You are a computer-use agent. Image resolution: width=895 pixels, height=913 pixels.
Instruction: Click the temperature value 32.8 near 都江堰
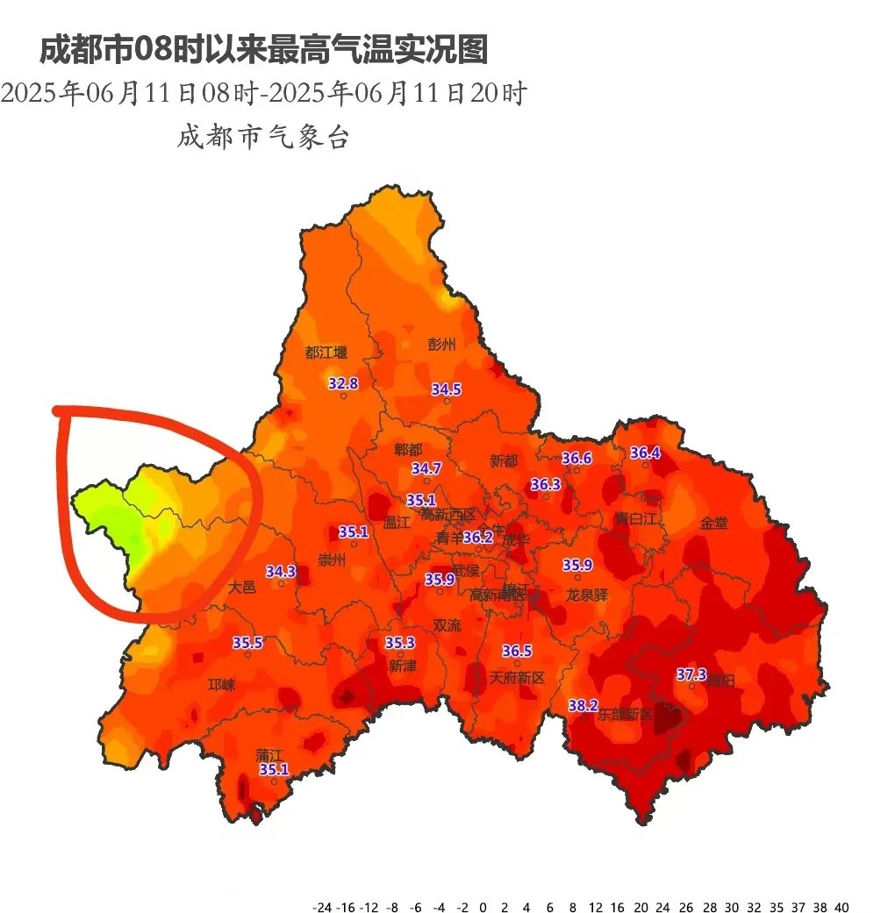click(x=343, y=383)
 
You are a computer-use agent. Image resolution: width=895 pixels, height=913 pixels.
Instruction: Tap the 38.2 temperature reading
click(x=583, y=705)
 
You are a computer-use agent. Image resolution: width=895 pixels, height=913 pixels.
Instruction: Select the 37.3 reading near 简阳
click(x=691, y=674)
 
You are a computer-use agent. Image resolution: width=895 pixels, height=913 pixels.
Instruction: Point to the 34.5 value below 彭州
click(x=446, y=389)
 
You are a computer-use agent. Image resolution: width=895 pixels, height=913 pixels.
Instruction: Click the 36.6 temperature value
click(x=576, y=458)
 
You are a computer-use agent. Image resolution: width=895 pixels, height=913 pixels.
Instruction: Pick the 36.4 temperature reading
click(x=645, y=453)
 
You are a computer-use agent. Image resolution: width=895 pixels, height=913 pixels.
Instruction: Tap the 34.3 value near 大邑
click(x=281, y=571)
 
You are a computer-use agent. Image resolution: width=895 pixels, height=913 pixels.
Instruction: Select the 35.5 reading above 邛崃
click(x=247, y=642)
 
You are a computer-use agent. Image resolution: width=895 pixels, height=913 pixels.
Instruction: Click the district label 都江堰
click(x=326, y=353)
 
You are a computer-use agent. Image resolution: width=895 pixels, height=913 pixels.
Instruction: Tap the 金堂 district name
click(x=713, y=524)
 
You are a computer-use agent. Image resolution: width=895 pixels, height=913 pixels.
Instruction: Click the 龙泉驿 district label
click(x=586, y=594)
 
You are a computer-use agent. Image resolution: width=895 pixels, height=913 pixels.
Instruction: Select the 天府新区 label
click(x=517, y=677)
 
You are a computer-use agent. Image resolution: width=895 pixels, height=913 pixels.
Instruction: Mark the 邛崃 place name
click(x=221, y=684)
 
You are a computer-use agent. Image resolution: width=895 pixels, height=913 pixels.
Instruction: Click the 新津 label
click(x=403, y=666)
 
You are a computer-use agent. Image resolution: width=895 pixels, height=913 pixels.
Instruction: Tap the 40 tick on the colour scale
click(x=841, y=906)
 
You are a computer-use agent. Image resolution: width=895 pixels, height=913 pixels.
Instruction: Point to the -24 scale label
click(x=322, y=906)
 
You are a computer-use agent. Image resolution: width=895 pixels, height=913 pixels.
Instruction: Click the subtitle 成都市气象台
click(x=263, y=137)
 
